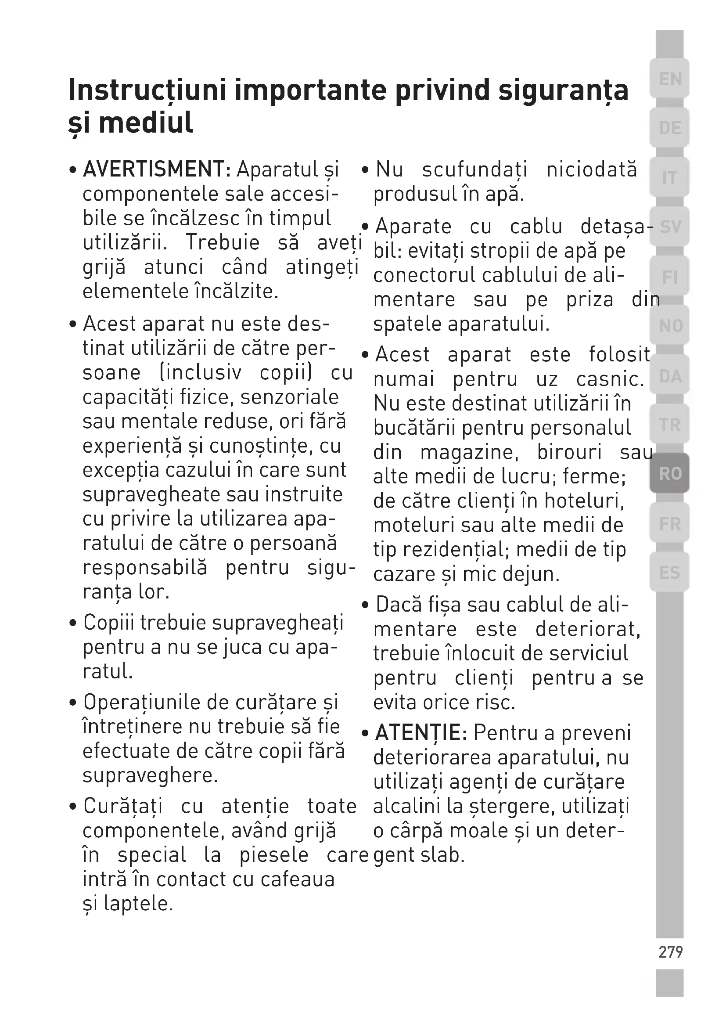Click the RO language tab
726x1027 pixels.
[669, 473]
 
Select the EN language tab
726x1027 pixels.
[669, 79]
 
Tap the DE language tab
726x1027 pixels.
[669, 128]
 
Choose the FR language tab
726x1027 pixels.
[669, 523]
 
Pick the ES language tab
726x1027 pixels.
[669, 573]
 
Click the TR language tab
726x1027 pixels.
[669, 425]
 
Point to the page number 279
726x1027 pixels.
[670, 952]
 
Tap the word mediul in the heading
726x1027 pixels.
[146, 123]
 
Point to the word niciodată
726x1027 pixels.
[591, 169]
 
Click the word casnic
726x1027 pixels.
[610, 379]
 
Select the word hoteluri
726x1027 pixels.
[584, 501]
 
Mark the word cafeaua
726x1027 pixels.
[297, 879]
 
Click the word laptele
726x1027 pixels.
[138, 904]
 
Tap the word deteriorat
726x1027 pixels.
[588, 629]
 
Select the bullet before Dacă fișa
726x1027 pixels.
[366, 605]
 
